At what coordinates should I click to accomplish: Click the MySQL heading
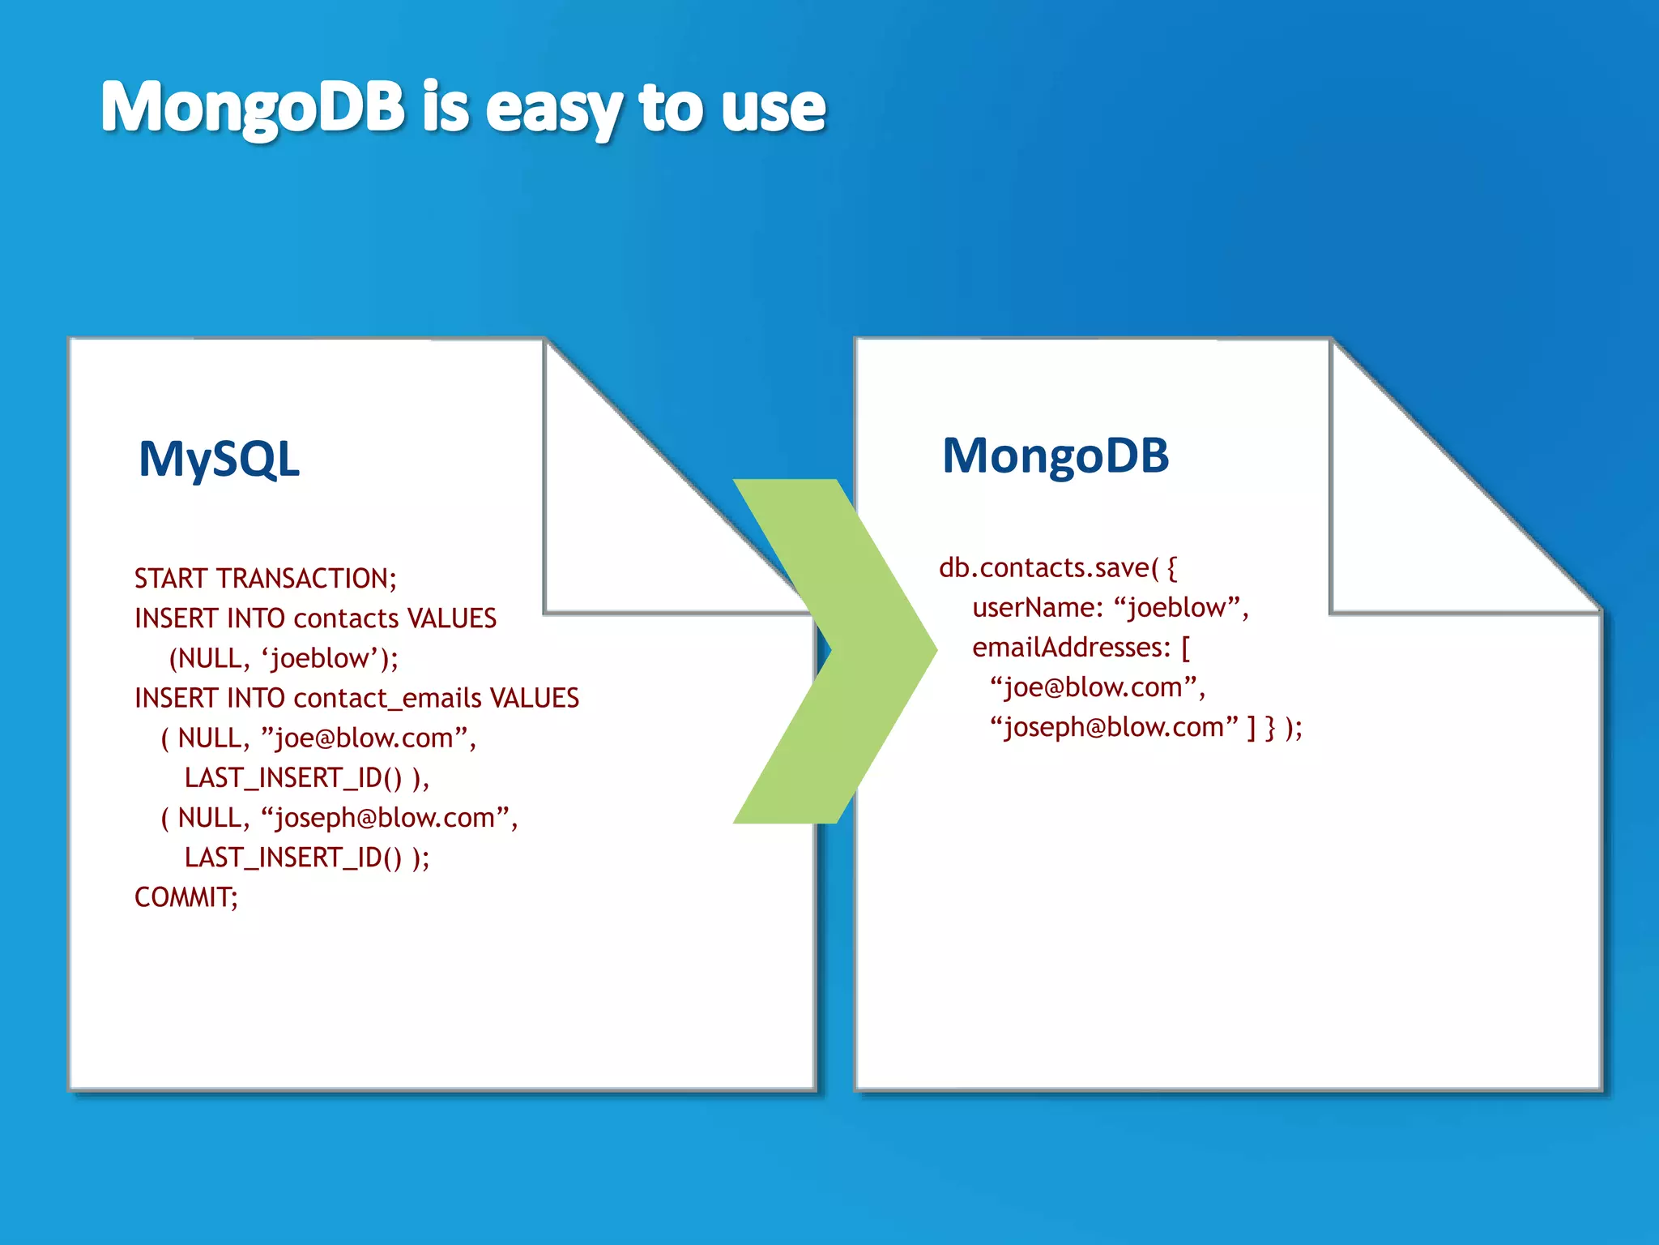219,459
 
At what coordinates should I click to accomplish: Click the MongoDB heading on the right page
1056,456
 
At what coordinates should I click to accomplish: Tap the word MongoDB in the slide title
253,107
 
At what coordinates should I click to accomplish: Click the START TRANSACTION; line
266,579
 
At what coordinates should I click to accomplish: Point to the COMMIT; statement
186,897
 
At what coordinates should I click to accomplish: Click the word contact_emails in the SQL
387,698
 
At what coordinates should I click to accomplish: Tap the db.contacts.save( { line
1057,568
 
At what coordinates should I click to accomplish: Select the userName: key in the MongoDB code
1037,608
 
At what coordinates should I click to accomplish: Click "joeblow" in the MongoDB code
1177,608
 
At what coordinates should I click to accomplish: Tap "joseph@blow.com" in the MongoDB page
1114,727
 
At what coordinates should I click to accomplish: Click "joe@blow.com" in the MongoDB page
1093,687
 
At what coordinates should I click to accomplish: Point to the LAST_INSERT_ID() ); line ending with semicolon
306,858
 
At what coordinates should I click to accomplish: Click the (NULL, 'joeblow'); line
284,658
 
